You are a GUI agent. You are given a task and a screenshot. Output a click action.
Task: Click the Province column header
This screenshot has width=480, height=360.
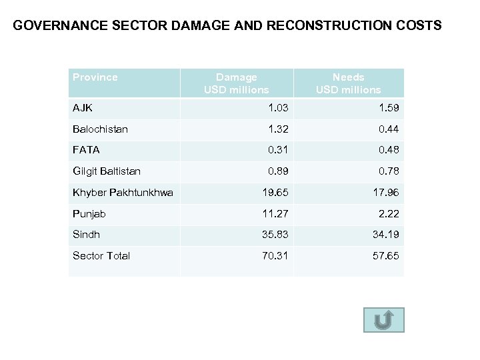pos(95,77)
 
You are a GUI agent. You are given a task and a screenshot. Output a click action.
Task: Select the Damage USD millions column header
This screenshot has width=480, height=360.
pos(236,83)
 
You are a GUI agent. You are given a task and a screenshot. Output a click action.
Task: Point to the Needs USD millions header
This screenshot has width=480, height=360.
pos(348,83)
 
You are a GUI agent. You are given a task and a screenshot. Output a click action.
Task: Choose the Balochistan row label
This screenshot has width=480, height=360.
pos(100,129)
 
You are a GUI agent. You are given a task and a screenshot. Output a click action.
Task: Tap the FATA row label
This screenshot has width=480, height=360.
pos(86,150)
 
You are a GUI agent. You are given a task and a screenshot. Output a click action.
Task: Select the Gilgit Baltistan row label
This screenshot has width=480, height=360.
pos(107,171)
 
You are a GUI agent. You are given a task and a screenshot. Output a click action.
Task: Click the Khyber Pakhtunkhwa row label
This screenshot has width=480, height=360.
pos(123,193)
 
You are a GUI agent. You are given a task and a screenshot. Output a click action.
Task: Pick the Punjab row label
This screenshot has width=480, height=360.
pos(89,214)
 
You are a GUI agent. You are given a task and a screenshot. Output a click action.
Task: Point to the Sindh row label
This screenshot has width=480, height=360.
pos(87,235)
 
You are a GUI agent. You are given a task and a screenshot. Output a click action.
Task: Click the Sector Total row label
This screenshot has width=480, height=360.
pos(101,256)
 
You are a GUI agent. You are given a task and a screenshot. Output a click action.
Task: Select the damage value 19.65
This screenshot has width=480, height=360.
pos(276,193)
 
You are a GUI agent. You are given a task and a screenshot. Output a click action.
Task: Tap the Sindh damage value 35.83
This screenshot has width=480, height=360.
pos(276,235)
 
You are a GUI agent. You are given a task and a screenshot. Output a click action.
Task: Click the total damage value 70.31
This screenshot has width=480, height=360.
pos(276,256)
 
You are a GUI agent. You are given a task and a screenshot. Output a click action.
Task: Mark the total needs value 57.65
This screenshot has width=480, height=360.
pos(387,256)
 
